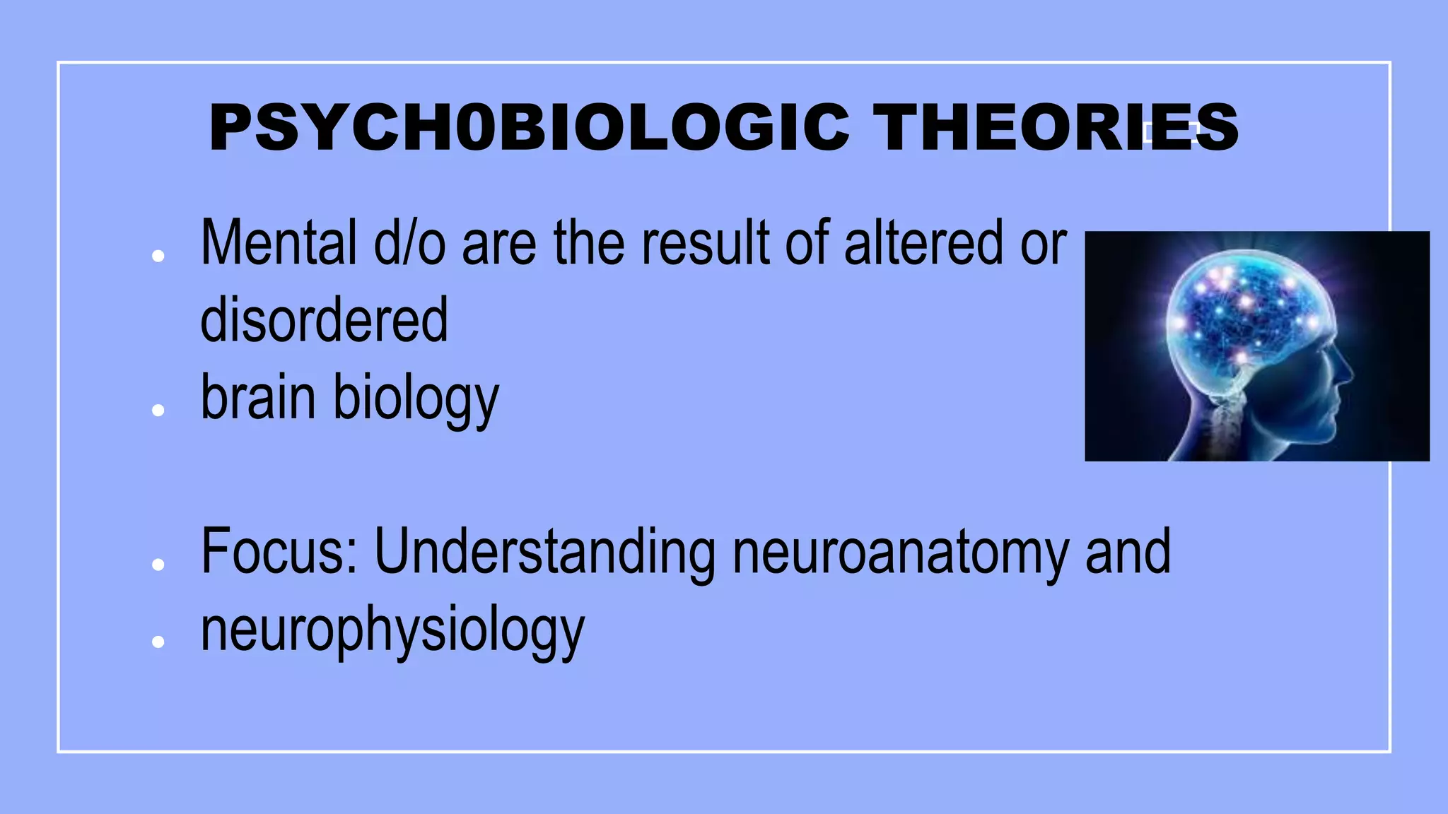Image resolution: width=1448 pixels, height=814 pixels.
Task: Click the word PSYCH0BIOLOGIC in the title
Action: point(529,127)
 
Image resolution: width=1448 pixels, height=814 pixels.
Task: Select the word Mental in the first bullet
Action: point(279,243)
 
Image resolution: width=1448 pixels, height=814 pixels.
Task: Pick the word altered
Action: point(923,243)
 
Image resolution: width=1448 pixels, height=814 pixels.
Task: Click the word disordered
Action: point(324,319)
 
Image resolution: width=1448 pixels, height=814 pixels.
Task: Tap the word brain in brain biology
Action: point(257,397)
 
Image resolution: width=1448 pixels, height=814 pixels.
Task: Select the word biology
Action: point(416,400)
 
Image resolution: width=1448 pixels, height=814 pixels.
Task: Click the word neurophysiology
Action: point(392,630)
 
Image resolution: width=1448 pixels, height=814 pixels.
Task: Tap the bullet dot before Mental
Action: point(158,256)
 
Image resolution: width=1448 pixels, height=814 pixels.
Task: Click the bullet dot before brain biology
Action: point(158,410)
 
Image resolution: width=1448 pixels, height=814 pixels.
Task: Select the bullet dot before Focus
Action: point(158,564)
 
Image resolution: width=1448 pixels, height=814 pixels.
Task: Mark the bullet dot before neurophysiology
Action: point(158,641)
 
